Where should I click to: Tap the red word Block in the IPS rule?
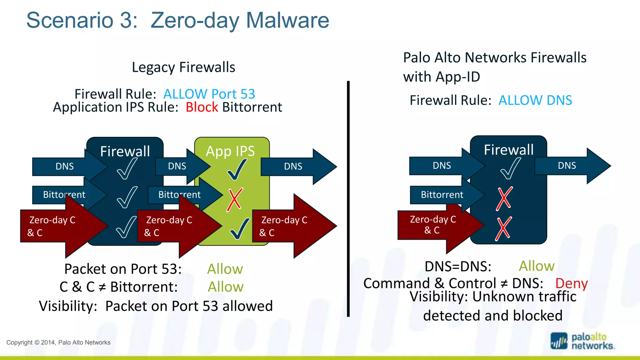point(202,107)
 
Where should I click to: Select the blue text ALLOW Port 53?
point(209,94)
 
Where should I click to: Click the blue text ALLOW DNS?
point(535,100)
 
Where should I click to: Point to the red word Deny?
point(571,283)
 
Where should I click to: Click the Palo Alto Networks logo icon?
point(559,341)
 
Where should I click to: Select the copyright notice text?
point(58,342)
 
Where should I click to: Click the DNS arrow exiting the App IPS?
point(297,166)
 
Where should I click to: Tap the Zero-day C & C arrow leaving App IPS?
point(291,226)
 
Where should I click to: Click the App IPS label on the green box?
point(230,151)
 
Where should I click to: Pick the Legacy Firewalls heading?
point(183,67)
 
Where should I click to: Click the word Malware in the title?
point(287,20)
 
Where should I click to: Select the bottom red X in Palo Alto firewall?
point(503,228)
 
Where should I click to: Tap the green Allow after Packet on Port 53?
point(225,269)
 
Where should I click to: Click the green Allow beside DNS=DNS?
point(537,266)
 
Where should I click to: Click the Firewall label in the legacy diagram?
point(125,151)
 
